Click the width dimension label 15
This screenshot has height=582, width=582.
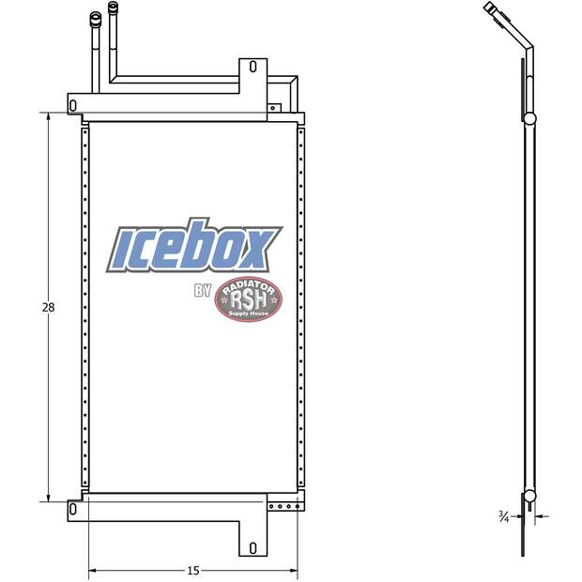(x=192, y=570)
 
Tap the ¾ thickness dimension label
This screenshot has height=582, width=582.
(x=504, y=515)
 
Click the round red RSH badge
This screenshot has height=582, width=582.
(x=249, y=302)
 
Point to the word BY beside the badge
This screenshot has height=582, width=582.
(x=203, y=291)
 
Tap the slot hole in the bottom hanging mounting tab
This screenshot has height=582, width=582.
(x=252, y=547)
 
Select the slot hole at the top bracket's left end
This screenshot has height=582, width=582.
(x=74, y=106)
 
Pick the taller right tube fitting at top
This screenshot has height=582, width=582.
(x=114, y=9)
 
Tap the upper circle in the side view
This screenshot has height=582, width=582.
(x=529, y=119)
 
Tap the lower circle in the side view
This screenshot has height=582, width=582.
(x=529, y=497)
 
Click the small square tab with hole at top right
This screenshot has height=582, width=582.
(x=273, y=108)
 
